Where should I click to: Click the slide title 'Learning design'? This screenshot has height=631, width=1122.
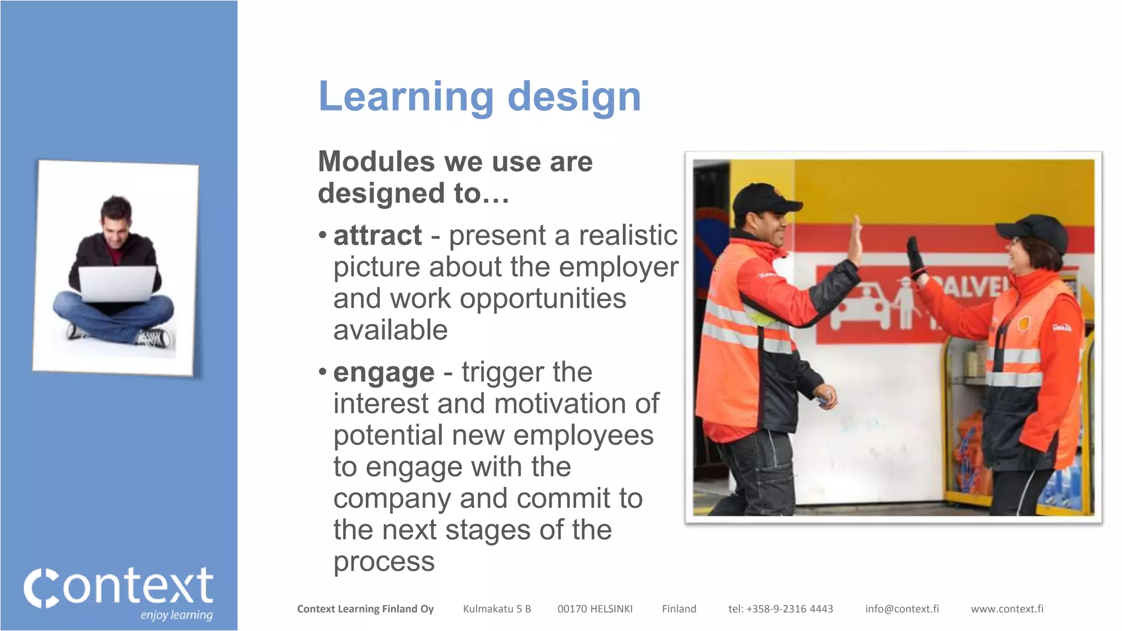[479, 97]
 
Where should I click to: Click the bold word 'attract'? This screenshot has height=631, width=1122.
[377, 236]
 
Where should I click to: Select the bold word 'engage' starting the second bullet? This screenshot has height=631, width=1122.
[383, 373]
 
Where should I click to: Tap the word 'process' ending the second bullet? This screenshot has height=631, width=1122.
[384, 562]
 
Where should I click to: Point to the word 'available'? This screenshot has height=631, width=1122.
[391, 330]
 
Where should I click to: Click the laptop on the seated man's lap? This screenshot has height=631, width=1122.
[117, 284]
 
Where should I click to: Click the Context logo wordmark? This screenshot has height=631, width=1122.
[118, 587]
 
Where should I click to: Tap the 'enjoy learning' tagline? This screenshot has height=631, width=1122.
[176, 615]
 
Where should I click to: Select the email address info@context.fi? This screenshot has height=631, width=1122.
[902, 609]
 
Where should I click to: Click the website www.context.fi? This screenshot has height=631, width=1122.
[1007, 609]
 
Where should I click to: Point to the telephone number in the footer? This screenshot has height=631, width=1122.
[780, 609]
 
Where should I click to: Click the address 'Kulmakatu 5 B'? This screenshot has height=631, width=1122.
[497, 609]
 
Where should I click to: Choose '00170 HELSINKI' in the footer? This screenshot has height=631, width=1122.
[595, 609]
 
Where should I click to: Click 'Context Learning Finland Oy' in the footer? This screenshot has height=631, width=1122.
[365, 609]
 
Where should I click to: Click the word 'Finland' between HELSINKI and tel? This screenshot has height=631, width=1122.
[679, 609]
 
